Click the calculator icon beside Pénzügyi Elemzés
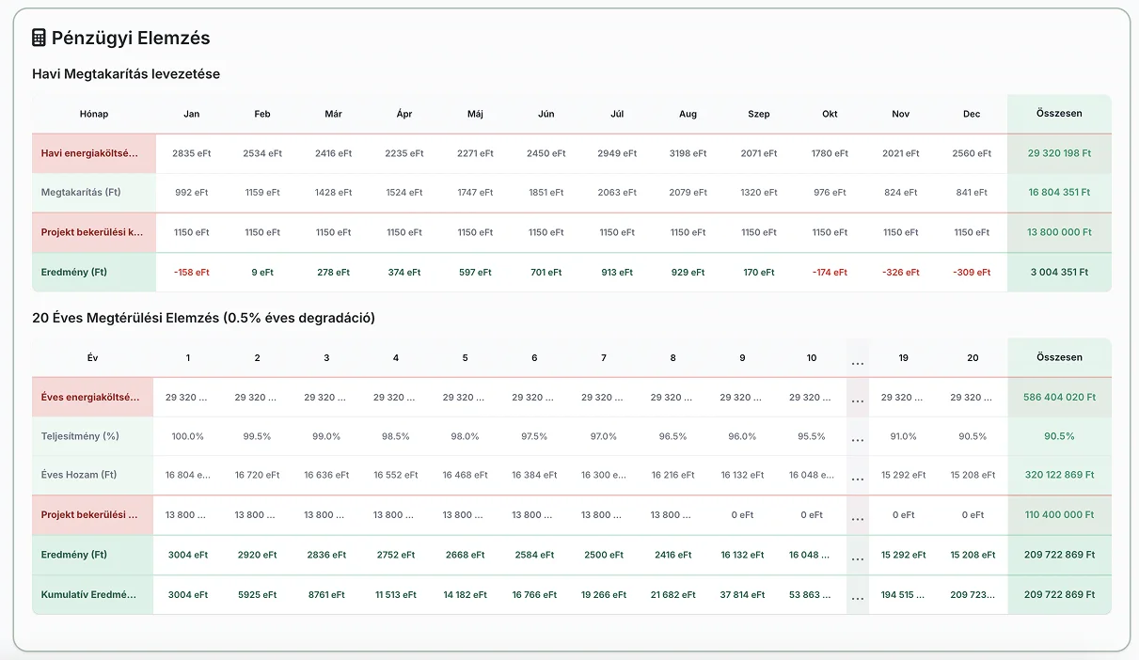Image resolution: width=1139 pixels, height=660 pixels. [39, 38]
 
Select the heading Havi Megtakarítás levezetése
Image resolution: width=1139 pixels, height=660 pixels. [126, 74]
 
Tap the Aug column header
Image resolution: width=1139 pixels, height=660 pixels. [688, 114]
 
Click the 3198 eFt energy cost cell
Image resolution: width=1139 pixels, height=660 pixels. [688, 153]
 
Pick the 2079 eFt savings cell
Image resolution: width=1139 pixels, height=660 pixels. [688, 192]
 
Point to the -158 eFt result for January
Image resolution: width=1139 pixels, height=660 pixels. [191, 272]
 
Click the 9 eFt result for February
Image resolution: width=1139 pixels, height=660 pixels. [262, 272]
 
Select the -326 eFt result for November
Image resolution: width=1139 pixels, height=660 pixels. [900, 272]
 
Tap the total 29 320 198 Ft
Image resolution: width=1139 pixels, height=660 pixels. [1059, 153]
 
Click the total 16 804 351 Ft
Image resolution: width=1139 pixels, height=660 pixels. [1059, 192]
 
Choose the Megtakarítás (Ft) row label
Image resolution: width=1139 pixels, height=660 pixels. [81, 192]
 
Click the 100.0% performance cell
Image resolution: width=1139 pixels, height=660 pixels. [187, 436]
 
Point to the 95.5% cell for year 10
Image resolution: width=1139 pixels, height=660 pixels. [812, 436]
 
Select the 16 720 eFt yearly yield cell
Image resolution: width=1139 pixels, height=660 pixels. [257, 475]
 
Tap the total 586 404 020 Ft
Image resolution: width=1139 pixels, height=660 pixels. [1059, 397]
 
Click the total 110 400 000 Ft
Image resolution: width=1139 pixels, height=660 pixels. [1059, 514]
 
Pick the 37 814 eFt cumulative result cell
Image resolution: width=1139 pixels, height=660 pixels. [742, 594]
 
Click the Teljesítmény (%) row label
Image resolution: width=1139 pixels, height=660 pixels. [80, 436]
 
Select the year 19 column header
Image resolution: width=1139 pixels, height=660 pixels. [903, 358]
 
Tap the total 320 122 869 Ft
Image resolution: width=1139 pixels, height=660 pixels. [1059, 475]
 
